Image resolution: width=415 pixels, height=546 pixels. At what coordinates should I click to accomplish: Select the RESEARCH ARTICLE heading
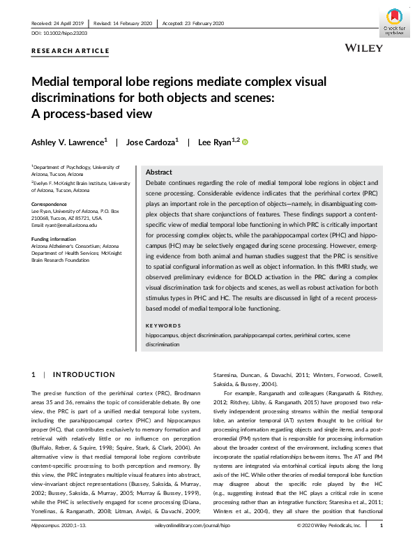[70, 51]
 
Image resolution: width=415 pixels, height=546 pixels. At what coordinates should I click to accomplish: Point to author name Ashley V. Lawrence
[69, 142]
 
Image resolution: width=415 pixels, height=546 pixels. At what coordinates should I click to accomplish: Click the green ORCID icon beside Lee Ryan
[245, 142]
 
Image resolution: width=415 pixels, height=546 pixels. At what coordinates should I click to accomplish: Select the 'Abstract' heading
[159, 172]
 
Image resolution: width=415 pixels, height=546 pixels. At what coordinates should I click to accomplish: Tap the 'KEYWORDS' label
[163, 326]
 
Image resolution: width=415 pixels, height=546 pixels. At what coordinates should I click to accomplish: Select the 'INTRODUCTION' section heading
[84, 375]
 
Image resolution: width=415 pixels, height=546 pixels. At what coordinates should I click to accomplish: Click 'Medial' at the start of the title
[54, 81]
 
